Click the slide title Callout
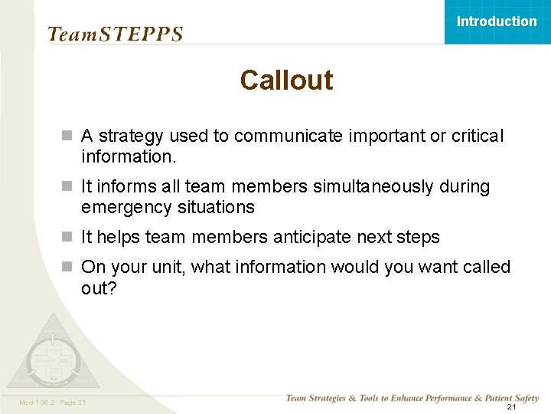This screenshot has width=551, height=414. click(x=286, y=80)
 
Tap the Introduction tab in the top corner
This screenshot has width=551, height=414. click(x=497, y=21)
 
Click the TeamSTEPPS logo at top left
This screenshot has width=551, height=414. click(x=116, y=34)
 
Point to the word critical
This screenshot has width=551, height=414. click(x=478, y=136)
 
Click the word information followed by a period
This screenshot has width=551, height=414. click(x=129, y=157)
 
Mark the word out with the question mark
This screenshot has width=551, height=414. click(x=99, y=287)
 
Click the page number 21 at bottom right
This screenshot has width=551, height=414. click(x=512, y=406)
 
